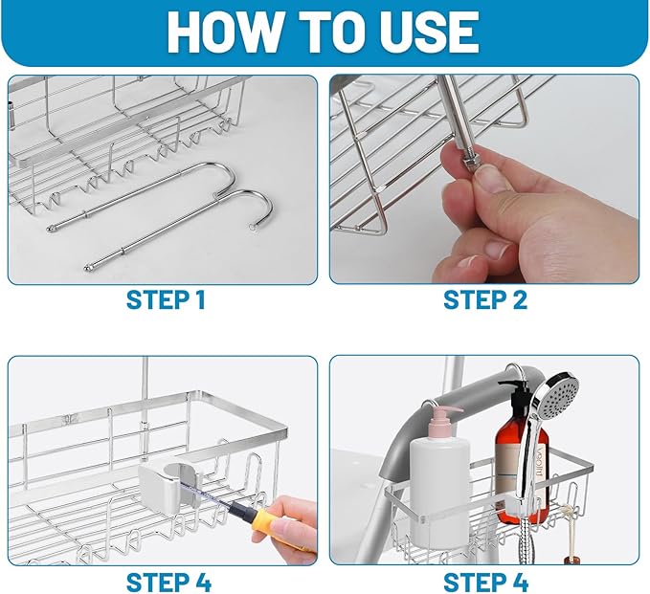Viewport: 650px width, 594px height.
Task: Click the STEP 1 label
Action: [x=166, y=300]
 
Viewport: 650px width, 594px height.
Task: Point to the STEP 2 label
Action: [x=485, y=300]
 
